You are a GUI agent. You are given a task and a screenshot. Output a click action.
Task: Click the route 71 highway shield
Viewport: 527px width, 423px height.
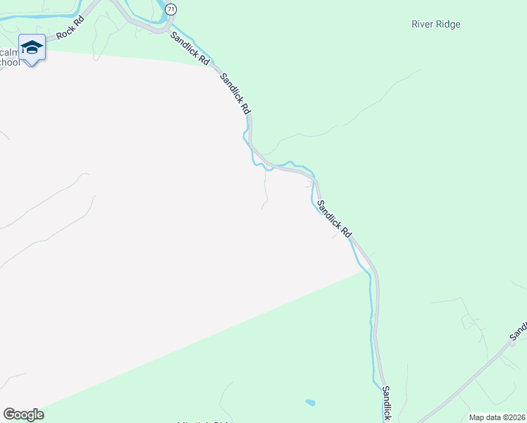coord(171,8)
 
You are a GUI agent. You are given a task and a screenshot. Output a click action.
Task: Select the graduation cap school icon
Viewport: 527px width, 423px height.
coord(32,47)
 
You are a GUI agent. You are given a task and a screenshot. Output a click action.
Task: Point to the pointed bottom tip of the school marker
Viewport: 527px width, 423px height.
coord(32,66)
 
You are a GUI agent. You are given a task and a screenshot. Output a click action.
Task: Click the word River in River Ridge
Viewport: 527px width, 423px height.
coord(423,25)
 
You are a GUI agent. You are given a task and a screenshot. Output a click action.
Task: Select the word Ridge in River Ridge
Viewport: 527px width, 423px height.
coord(448,25)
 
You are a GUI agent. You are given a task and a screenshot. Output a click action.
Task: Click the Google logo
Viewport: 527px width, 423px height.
coord(23,415)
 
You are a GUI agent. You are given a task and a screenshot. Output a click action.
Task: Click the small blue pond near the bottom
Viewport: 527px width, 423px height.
coord(310,403)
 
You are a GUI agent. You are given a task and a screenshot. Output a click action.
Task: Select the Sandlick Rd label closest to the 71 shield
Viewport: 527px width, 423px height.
coord(190,49)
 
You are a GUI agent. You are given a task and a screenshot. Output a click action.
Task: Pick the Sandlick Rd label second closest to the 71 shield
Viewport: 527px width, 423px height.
coord(235,94)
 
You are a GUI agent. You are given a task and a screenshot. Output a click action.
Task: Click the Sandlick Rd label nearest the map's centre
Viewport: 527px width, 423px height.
coord(334,219)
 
